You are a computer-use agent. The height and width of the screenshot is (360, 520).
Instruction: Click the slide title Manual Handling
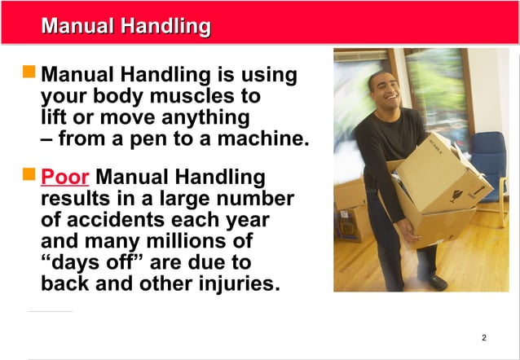click(x=126, y=26)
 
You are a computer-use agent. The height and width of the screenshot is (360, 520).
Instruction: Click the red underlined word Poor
click(x=64, y=177)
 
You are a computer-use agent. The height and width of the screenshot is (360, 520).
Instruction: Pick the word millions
click(x=187, y=242)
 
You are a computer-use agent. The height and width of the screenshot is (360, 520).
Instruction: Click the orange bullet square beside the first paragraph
click(x=29, y=74)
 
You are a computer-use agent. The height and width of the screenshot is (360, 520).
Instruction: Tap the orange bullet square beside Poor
click(x=29, y=174)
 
